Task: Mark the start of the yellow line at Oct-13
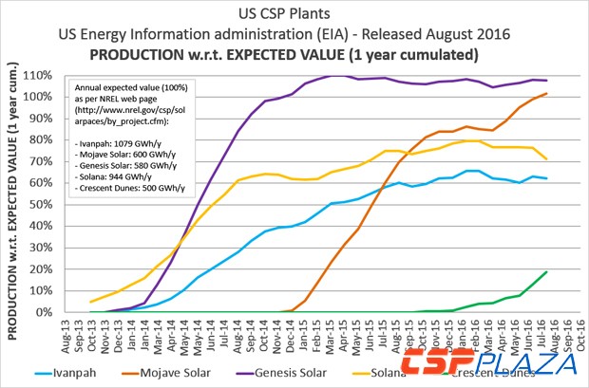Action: pos(91,302)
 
